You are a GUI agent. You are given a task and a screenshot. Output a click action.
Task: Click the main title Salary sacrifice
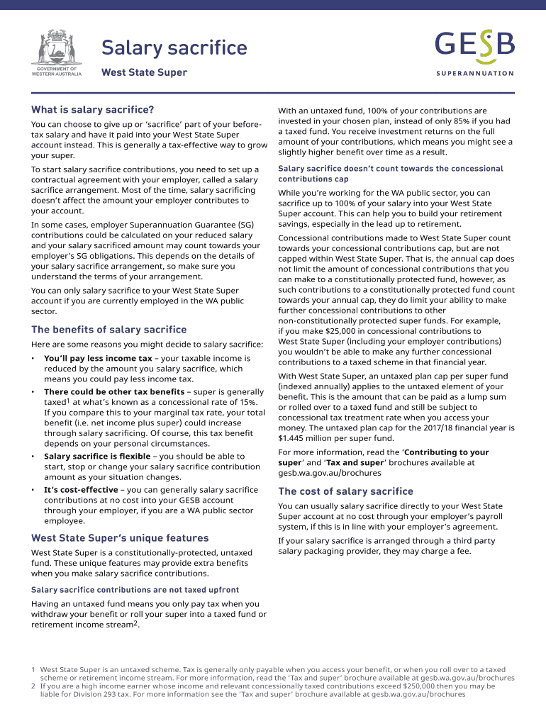click(174, 48)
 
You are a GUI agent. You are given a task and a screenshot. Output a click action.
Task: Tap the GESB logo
click(474, 47)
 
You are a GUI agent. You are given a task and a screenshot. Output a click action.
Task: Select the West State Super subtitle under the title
click(144, 72)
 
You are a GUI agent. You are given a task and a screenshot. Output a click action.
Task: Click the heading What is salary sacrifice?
click(92, 110)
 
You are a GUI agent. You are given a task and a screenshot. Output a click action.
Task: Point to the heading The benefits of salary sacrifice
click(108, 330)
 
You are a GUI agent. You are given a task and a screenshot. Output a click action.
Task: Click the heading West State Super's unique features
click(120, 538)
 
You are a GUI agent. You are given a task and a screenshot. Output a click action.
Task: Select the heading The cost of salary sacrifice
click(345, 491)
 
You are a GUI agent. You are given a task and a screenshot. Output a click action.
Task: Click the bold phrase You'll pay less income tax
click(98, 359)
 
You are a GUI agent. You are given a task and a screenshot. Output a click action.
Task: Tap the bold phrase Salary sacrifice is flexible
click(99, 457)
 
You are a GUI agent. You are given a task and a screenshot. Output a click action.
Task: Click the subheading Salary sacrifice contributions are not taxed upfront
click(135, 590)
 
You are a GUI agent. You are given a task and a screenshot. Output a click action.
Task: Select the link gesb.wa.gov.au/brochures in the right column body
click(329, 473)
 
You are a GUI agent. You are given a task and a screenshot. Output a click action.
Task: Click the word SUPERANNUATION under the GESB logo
click(474, 73)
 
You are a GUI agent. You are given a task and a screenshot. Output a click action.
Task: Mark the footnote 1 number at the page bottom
click(33, 669)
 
